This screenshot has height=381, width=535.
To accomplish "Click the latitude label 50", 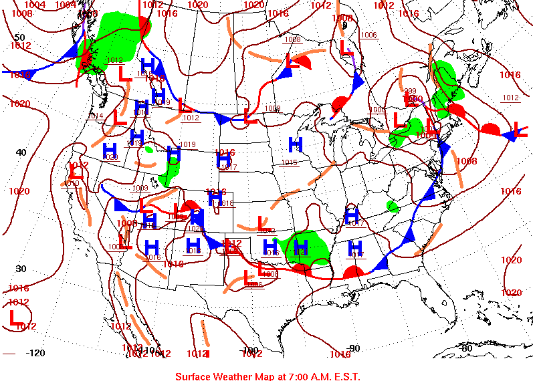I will point(19,37).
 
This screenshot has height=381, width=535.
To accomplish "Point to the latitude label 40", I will point(21,152).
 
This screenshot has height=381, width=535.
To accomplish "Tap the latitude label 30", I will point(21,269).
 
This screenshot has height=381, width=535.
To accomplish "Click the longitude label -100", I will point(249,350).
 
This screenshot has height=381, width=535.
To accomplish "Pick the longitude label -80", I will point(466,348).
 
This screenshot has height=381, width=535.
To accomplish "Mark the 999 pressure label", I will point(411,91).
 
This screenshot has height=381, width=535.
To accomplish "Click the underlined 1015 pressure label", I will point(289,162).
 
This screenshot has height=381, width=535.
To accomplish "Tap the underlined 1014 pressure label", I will point(96,116).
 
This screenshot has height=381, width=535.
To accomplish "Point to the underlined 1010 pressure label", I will point(72,183).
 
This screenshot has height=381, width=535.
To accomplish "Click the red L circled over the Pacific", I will point(15,317).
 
